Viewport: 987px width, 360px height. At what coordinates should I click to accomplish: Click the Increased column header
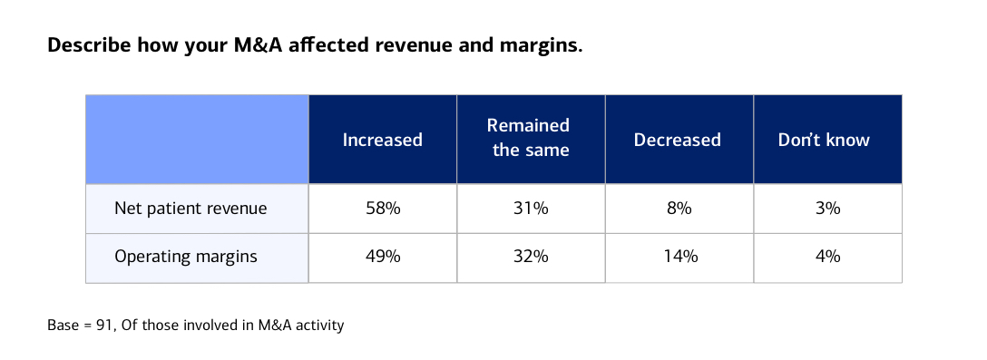tap(382, 140)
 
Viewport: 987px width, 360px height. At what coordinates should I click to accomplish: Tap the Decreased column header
tap(678, 140)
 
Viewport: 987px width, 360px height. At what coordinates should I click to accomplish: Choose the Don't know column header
tap(824, 140)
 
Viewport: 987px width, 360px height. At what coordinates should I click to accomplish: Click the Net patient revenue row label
tap(191, 209)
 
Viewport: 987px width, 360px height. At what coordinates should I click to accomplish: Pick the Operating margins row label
tap(186, 257)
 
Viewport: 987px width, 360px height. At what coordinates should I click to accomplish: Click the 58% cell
tap(382, 209)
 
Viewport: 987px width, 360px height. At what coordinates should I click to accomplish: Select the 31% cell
tap(531, 209)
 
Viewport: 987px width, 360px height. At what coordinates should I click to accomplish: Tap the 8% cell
tap(679, 209)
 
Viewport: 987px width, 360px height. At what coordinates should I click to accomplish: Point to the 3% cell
tap(827, 209)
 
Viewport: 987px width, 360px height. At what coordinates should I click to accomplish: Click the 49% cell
tap(382, 257)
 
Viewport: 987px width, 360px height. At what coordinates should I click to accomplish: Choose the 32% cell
tap(531, 257)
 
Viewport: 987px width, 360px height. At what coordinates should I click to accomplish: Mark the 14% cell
tap(679, 257)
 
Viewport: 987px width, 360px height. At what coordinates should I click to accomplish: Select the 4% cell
tap(827, 257)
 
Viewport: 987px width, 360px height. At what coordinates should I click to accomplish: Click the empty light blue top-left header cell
tap(197, 140)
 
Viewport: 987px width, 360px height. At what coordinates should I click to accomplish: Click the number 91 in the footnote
tap(104, 324)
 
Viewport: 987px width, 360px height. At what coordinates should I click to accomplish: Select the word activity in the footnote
tap(318, 324)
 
